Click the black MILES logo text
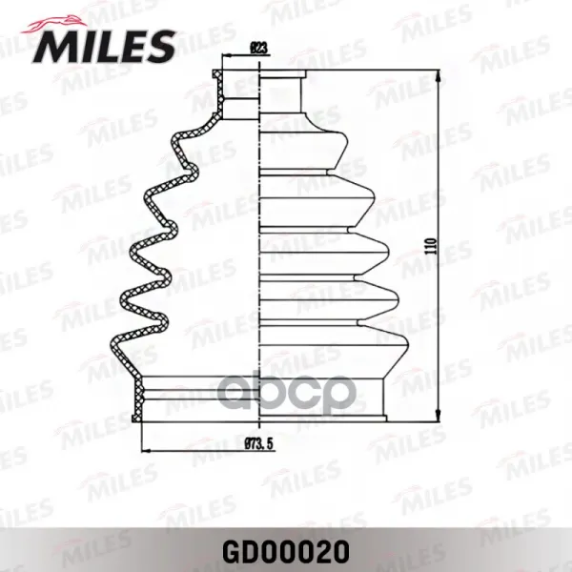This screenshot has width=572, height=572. pos(104,47)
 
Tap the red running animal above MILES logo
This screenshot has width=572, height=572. pos(54,24)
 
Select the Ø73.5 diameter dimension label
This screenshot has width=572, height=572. pos(258,443)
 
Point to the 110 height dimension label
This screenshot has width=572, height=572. pos(431,246)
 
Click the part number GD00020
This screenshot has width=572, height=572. pos(286,552)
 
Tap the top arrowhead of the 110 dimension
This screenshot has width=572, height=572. pos(438,75)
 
